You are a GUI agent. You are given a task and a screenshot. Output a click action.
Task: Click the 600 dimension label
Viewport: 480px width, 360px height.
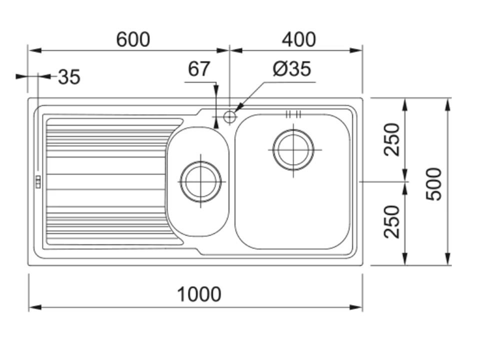tap(133, 39)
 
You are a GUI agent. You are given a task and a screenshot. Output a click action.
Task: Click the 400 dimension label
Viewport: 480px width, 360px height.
tap(298, 39)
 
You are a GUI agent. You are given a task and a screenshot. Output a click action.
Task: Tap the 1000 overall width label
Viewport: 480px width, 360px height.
tap(199, 294)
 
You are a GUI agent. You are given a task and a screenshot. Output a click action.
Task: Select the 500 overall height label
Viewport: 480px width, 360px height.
tap(434, 184)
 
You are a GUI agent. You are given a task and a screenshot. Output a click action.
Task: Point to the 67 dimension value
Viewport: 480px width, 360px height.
tap(198, 69)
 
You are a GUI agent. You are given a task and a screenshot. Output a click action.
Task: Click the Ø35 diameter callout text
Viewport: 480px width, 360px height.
tap(291, 68)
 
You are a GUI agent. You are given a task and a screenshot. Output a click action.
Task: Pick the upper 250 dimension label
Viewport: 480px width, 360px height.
tap(392, 139)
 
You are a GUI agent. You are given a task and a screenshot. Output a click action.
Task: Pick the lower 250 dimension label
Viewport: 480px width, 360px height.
tap(392, 222)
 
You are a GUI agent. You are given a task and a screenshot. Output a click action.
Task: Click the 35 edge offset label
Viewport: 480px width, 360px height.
tap(69, 77)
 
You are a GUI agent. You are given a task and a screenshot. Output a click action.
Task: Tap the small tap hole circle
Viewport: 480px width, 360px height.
tap(229, 116)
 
